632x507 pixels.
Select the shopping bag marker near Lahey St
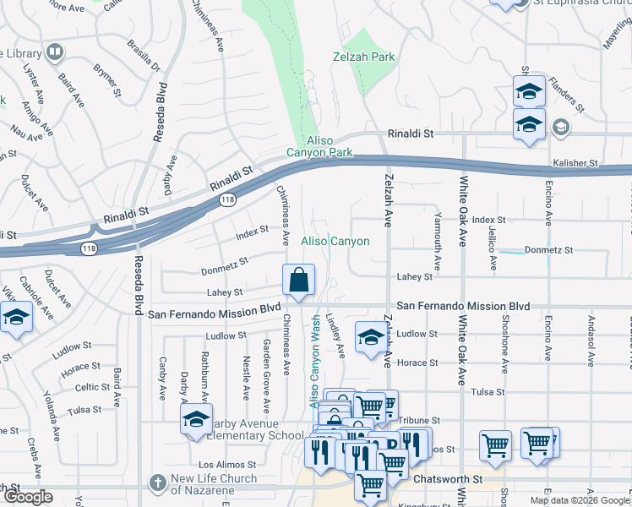tap(299, 280)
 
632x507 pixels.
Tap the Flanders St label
tap(565, 94)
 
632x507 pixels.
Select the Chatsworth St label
tap(447, 479)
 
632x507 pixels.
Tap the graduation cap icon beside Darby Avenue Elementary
tap(195, 421)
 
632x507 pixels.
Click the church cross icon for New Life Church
tap(156, 483)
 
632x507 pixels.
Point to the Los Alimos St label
tap(226, 465)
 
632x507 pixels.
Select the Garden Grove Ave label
tap(266, 369)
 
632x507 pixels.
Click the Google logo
tap(28, 498)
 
